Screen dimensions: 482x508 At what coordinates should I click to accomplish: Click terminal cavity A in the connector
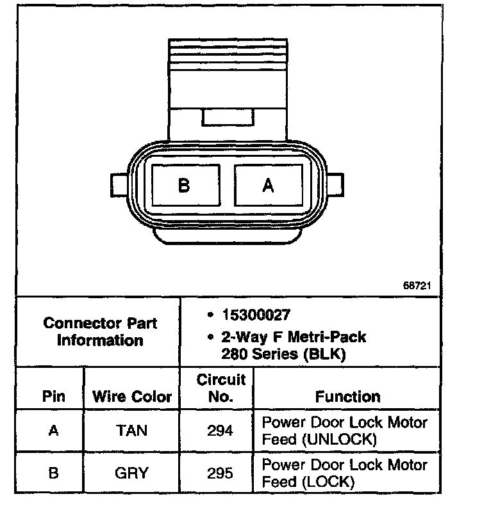click(x=269, y=186)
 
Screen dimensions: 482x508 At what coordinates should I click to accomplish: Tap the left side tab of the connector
click(x=119, y=186)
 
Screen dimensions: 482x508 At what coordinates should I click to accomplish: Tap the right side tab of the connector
click(x=335, y=186)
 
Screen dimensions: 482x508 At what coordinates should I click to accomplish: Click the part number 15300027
click(x=256, y=315)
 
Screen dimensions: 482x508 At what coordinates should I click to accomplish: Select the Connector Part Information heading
click(x=100, y=331)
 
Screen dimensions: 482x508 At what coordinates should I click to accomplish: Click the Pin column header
click(x=54, y=397)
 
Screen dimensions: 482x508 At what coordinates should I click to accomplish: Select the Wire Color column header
click(x=132, y=397)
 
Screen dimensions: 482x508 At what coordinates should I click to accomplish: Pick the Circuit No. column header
click(x=221, y=388)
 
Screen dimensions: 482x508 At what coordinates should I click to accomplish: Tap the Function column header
click(x=347, y=397)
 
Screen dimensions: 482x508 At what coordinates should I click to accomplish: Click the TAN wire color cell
click(x=131, y=431)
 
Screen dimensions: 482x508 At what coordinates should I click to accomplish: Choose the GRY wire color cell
click(x=131, y=473)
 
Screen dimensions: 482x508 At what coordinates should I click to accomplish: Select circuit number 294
click(x=220, y=431)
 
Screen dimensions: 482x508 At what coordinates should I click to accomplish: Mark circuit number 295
click(x=220, y=473)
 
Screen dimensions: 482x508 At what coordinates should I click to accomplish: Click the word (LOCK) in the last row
click(x=327, y=482)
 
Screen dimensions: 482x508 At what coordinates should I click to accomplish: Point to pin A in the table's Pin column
click(x=54, y=431)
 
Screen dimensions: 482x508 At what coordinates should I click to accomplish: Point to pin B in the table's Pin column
click(x=54, y=473)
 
